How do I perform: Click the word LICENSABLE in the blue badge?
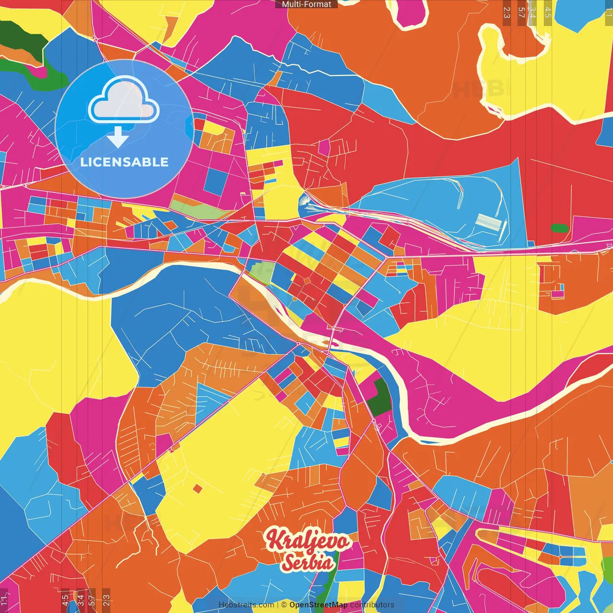pyautogui.click(x=125, y=162)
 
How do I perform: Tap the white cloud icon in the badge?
pyautogui.click(x=124, y=100)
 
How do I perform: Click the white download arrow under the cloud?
pyautogui.click(x=118, y=136)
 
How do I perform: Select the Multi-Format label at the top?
pyautogui.click(x=306, y=4)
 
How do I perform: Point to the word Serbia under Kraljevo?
pyautogui.click(x=307, y=562)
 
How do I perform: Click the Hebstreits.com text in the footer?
pyautogui.click(x=246, y=605)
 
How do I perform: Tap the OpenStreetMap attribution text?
pyautogui.click(x=318, y=605)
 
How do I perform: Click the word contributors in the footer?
pyautogui.click(x=372, y=605)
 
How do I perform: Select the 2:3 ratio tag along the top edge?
pyautogui.click(x=507, y=12)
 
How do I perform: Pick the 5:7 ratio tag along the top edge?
pyautogui.click(x=521, y=12)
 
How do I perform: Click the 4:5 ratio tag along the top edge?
pyautogui.click(x=548, y=12)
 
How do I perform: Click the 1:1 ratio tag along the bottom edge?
pyautogui.click(x=4, y=600)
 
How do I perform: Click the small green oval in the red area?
pyautogui.click(x=559, y=228)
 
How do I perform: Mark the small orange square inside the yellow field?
pyautogui.click(x=197, y=488)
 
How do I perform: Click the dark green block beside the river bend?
pyautogui.click(x=381, y=397)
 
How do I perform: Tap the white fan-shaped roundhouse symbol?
pyautogui.click(x=305, y=200)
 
